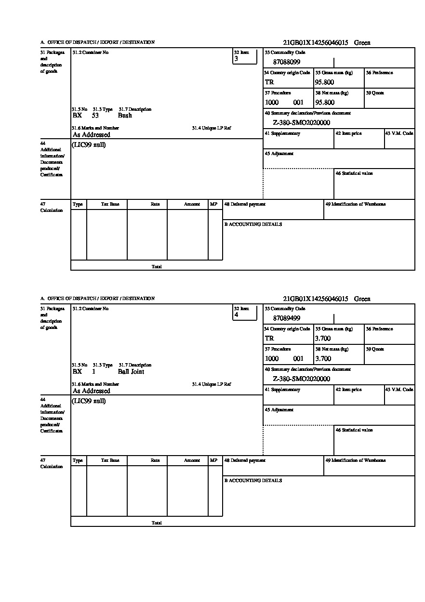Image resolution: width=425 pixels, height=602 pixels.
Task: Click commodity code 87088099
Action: (x=286, y=62)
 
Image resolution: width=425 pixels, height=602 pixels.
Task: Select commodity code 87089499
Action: (x=286, y=318)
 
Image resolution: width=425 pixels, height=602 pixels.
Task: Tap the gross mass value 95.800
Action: (x=324, y=82)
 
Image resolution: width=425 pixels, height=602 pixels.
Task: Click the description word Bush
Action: (x=125, y=116)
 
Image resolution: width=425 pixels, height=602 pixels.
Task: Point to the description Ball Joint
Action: (x=131, y=372)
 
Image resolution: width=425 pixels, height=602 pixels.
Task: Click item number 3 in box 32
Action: (x=236, y=59)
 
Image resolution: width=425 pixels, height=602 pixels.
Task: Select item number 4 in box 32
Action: (x=236, y=315)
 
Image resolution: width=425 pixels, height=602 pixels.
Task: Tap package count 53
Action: (x=95, y=116)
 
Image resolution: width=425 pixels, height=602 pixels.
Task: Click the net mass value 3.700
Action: (x=323, y=359)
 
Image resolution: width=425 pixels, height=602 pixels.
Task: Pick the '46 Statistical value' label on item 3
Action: (x=354, y=173)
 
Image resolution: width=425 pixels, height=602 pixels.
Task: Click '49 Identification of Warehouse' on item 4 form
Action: (x=355, y=460)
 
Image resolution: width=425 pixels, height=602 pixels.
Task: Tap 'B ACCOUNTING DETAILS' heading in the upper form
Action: (x=253, y=224)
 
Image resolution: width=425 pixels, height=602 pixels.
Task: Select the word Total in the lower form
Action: (x=157, y=523)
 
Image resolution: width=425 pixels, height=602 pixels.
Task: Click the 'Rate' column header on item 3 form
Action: (x=155, y=204)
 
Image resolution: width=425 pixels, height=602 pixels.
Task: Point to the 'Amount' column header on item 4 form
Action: (x=192, y=460)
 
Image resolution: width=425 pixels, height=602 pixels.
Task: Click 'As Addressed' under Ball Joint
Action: (x=92, y=391)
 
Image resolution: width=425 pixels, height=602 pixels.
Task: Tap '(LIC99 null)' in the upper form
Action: (x=89, y=145)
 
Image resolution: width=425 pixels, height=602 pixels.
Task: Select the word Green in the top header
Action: (x=362, y=43)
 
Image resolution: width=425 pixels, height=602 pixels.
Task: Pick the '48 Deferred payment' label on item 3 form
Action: (x=245, y=204)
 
